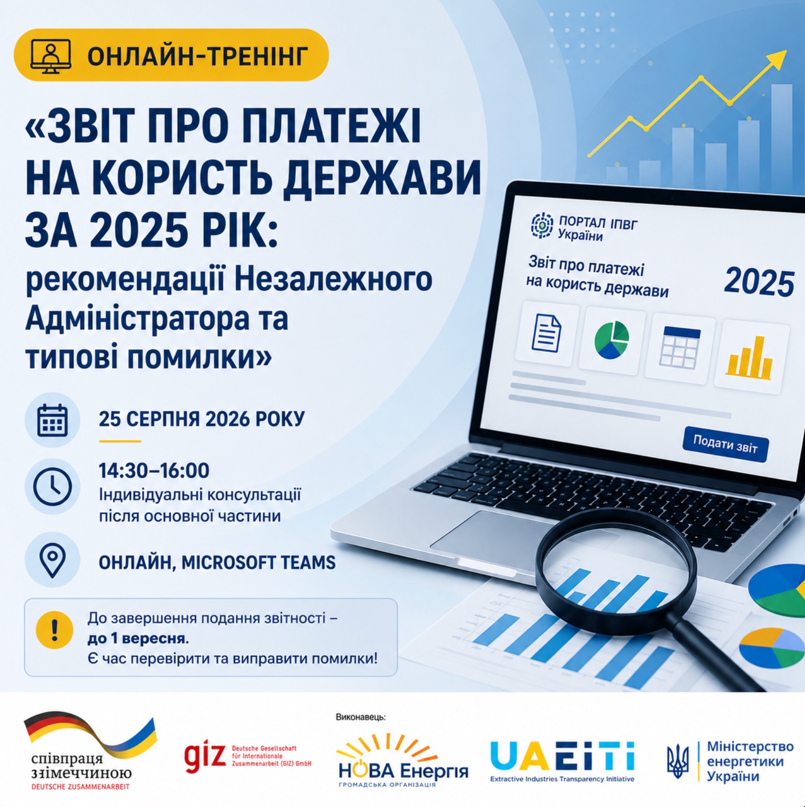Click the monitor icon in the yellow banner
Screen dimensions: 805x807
click(51, 56)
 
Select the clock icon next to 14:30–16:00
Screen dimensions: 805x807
click(53, 487)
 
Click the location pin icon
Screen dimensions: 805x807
click(53, 560)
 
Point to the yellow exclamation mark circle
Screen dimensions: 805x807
click(54, 630)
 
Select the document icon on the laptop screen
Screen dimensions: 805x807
click(546, 333)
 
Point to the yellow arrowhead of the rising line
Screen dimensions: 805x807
click(776, 60)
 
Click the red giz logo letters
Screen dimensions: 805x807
click(205, 756)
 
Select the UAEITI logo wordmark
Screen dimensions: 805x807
click(562, 756)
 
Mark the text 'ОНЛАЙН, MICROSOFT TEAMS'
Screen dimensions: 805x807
click(217, 563)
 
